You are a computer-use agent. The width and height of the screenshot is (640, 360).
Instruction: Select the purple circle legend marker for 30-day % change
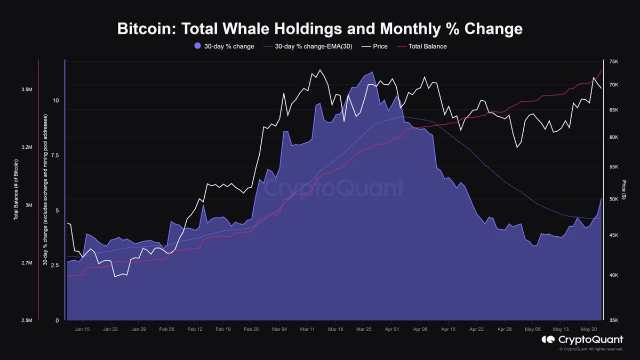198,46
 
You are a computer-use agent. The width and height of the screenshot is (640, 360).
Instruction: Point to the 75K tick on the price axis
613,62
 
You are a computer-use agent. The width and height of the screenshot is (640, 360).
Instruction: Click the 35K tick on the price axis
613,321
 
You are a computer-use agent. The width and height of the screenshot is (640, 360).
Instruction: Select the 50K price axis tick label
613,199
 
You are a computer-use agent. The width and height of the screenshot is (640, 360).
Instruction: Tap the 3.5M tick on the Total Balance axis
27,90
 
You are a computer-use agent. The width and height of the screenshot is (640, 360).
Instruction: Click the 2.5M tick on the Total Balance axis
27,321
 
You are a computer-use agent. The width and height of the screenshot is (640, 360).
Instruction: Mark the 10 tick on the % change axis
55,100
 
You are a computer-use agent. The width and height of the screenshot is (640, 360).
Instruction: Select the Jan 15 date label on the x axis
82,330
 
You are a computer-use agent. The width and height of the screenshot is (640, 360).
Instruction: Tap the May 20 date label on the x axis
589,330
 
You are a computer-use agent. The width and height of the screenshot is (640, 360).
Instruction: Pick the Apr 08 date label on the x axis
420,330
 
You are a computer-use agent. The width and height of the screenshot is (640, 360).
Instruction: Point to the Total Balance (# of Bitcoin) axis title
17,192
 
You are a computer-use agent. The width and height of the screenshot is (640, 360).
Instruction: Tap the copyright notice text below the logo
591,349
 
